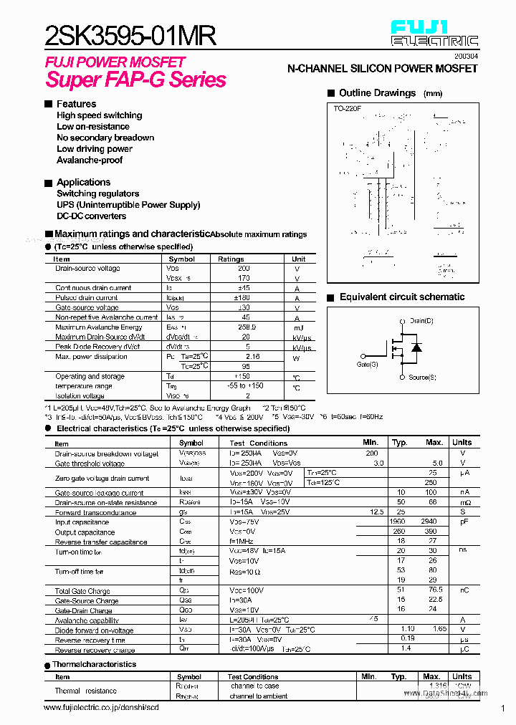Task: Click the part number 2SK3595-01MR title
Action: coord(130,34)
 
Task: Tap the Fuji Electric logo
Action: coord(434,34)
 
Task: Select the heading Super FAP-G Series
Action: coord(135,80)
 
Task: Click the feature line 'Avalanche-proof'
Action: coord(90,160)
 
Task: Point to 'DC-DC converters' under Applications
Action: coord(91,216)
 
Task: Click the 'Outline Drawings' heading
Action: coord(377,93)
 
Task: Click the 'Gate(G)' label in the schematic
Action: coord(367,365)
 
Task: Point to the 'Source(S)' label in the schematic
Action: coord(423,377)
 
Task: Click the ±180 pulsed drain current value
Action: coord(246,297)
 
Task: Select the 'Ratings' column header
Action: coord(231,259)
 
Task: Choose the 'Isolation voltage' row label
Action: coord(80,395)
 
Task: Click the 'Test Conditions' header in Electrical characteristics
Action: coord(258,443)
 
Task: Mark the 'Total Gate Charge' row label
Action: coord(82,591)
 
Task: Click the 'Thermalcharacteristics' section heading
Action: coord(94,664)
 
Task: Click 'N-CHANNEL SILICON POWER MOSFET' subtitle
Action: coord(382,68)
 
